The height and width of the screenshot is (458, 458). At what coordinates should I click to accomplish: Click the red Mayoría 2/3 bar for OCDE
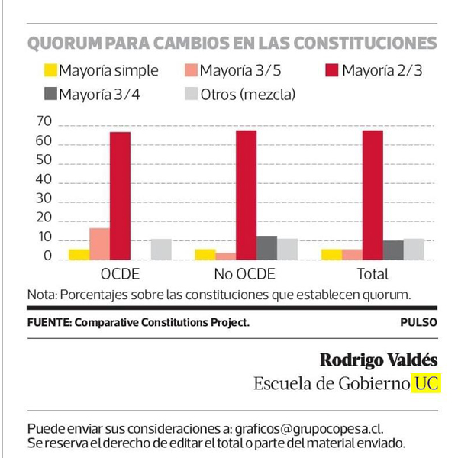(x=120, y=195)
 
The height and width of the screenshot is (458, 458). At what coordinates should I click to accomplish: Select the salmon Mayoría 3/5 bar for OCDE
(x=99, y=244)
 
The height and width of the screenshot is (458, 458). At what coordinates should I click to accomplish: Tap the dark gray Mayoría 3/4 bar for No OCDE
(x=266, y=248)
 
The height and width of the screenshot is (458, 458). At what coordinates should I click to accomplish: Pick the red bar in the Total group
(x=373, y=195)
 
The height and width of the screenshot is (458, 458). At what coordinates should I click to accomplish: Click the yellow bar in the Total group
(x=331, y=254)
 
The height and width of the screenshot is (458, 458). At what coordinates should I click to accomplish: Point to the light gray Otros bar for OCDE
(x=161, y=250)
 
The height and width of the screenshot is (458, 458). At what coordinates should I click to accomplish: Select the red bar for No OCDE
(x=246, y=195)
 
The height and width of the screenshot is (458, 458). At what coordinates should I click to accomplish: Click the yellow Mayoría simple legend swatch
(x=50, y=71)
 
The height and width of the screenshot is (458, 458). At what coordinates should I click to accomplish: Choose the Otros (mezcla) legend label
(x=248, y=95)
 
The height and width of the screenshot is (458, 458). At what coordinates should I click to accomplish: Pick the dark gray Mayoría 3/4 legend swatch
(x=50, y=95)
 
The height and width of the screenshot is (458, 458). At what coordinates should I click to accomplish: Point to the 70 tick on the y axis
(x=43, y=122)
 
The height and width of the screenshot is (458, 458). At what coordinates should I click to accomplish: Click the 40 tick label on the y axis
(x=43, y=180)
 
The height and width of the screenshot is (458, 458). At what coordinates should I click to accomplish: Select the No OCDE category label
(x=245, y=273)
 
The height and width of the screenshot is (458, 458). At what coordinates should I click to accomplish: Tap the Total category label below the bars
(x=372, y=273)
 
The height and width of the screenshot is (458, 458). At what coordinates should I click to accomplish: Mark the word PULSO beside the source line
(x=418, y=322)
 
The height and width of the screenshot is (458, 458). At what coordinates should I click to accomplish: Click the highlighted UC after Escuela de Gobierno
(x=427, y=383)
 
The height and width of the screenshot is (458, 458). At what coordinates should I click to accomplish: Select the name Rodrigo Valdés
(x=379, y=360)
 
